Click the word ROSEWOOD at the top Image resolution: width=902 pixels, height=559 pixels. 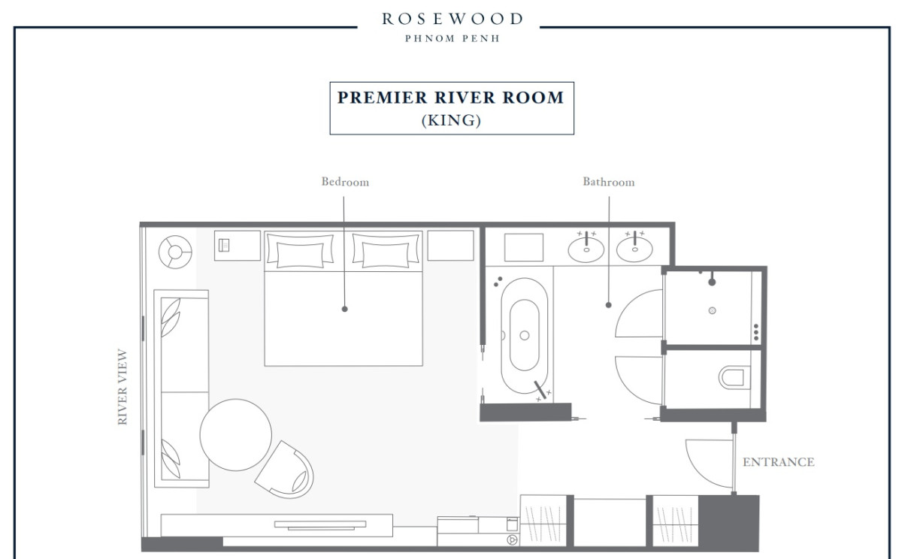(453, 19)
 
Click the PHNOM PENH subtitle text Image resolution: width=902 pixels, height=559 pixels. (453, 38)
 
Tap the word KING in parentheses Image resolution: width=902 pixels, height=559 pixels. (451, 120)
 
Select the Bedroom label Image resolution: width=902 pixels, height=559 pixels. (345, 182)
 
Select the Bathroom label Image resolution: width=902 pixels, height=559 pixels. (608, 182)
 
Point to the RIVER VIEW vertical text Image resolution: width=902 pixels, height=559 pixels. (122, 386)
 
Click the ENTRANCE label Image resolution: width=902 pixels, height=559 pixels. (779, 462)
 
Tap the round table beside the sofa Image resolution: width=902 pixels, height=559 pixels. (235, 434)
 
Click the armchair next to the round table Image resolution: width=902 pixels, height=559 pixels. (286, 471)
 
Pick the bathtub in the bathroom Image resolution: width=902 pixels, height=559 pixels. (525, 335)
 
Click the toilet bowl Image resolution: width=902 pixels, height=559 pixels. (734, 377)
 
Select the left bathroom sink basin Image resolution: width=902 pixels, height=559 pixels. (586, 249)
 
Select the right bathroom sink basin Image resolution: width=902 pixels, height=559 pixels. (634, 249)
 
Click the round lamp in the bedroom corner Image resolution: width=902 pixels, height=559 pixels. (175, 252)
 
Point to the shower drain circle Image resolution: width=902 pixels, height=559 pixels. (712, 310)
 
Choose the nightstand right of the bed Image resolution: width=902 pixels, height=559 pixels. (450, 246)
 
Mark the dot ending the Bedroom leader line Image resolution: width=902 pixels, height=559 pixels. (344, 309)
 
